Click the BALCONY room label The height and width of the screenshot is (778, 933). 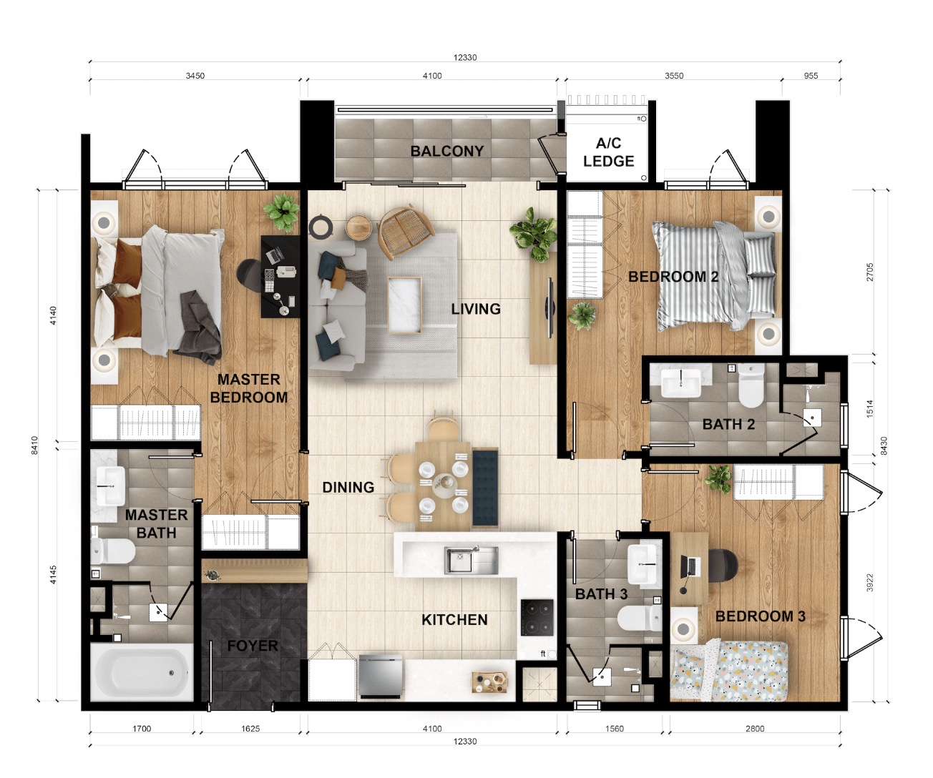tap(447, 151)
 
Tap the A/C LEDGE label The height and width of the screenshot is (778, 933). tap(608, 152)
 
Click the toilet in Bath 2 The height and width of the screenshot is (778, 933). tap(751, 385)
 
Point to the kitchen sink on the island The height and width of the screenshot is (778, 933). tap(471, 560)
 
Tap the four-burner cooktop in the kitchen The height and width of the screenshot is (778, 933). tap(537, 617)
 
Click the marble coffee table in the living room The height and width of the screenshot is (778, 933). tap(404, 305)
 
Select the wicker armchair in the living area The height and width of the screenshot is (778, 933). tap(406, 232)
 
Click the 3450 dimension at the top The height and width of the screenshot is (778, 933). tap(195, 76)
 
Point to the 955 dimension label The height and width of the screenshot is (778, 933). tap(811, 76)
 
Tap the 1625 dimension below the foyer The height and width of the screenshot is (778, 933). tap(250, 729)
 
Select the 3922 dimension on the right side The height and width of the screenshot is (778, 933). tap(869, 582)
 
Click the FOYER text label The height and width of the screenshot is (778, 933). tap(253, 646)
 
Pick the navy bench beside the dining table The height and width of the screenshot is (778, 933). tap(485, 488)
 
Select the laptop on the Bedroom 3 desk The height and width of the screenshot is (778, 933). tap(688, 566)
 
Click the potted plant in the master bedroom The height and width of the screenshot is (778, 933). tap(281, 212)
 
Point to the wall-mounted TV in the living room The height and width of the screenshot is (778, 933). tap(549, 307)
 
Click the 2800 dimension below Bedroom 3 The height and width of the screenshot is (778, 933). tap(755, 729)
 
